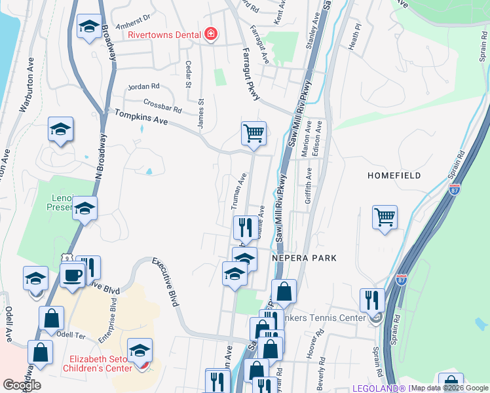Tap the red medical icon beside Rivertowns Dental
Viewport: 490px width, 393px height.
210,33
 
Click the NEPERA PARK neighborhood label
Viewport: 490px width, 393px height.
306,258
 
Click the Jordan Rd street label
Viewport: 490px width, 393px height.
144,86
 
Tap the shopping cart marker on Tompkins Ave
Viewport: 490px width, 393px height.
254,134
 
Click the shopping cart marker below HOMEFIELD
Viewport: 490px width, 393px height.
385,217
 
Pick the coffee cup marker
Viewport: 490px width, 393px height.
73,274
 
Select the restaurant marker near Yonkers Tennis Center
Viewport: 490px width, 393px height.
372,300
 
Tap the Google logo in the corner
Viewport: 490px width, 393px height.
22,385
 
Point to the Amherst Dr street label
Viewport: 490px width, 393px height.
133,21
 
